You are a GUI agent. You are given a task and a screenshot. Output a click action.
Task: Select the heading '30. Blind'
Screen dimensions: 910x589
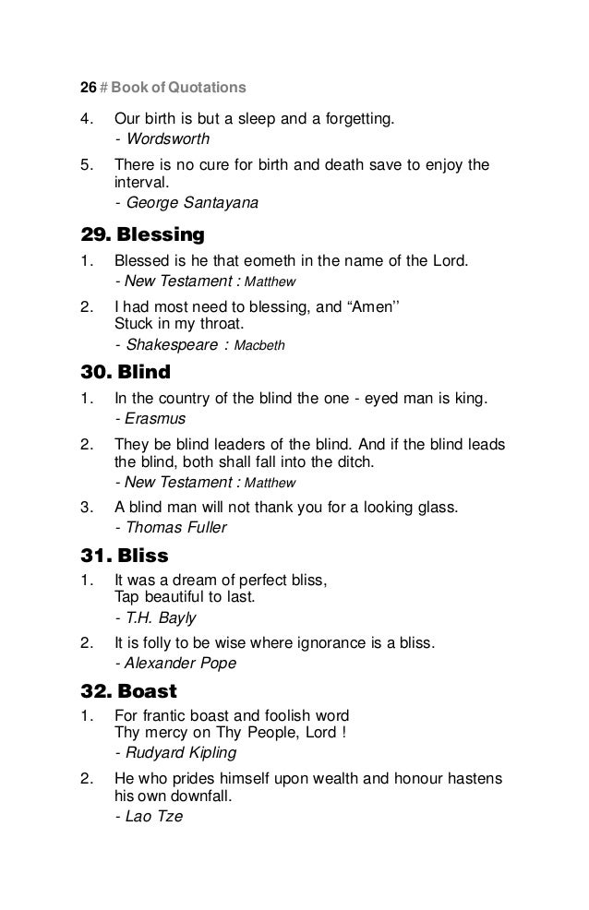click(x=125, y=374)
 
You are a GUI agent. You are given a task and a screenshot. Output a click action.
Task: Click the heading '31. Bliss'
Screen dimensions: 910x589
click(x=123, y=557)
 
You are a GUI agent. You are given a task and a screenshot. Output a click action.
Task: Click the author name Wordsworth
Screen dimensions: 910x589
click(x=168, y=140)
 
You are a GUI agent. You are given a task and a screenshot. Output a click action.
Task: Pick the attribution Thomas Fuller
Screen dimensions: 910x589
click(x=176, y=528)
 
